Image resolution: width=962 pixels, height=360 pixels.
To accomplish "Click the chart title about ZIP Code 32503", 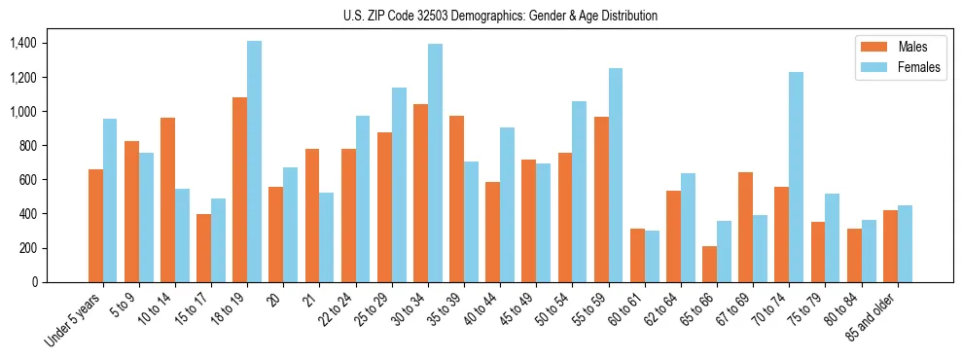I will (500, 16).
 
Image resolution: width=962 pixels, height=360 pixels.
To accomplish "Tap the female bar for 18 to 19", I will (254, 162).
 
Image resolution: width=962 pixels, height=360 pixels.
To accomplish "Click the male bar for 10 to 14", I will (167, 199).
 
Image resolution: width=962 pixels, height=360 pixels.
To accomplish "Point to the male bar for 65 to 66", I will (709, 264).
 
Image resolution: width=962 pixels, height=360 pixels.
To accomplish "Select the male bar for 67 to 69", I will (745, 227).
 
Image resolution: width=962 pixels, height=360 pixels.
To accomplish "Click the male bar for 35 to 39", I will (456, 198).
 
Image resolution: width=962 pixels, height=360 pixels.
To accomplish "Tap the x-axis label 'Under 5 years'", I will (74, 322).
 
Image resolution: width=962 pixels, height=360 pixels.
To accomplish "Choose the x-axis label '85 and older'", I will (876, 320).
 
